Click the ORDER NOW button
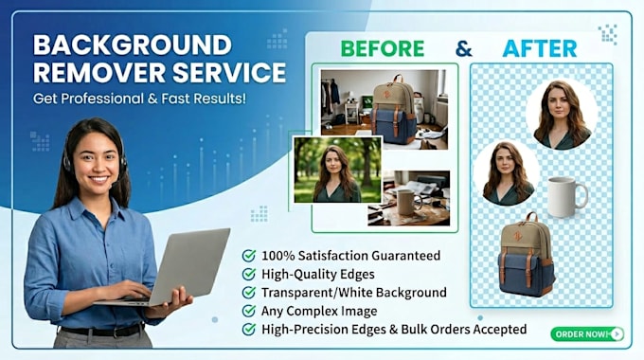(x=587, y=334)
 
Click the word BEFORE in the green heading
(x=383, y=48)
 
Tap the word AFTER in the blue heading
(x=540, y=48)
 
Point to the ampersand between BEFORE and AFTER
(x=464, y=49)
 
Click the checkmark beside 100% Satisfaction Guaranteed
(x=249, y=256)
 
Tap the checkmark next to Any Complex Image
(x=249, y=311)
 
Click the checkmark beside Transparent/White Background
(x=249, y=292)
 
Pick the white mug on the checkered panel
(x=567, y=196)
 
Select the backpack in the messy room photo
(x=393, y=109)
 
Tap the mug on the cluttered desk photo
(x=408, y=202)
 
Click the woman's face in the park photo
(x=333, y=161)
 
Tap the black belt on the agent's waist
(x=102, y=331)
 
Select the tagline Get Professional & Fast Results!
(x=139, y=99)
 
